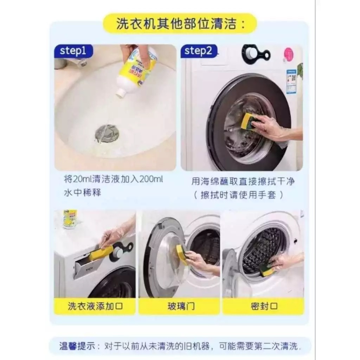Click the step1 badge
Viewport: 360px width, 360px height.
click(x=73, y=51)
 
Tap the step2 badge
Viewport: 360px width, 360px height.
click(x=199, y=51)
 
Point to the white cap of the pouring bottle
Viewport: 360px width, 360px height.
click(x=121, y=92)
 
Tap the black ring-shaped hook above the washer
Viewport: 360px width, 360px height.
click(x=256, y=54)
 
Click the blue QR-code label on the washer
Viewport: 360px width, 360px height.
click(x=291, y=81)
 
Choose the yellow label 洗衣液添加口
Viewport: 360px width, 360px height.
click(x=95, y=306)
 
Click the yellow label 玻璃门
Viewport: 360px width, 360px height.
click(x=179, y=306)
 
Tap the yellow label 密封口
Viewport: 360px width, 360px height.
click(x=263, y=306)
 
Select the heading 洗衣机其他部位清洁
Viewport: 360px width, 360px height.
click(x=176, y=24)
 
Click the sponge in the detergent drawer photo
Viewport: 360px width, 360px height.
click(x=101, y=253)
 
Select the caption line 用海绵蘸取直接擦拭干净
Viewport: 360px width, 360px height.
click(x=243, y=181)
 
